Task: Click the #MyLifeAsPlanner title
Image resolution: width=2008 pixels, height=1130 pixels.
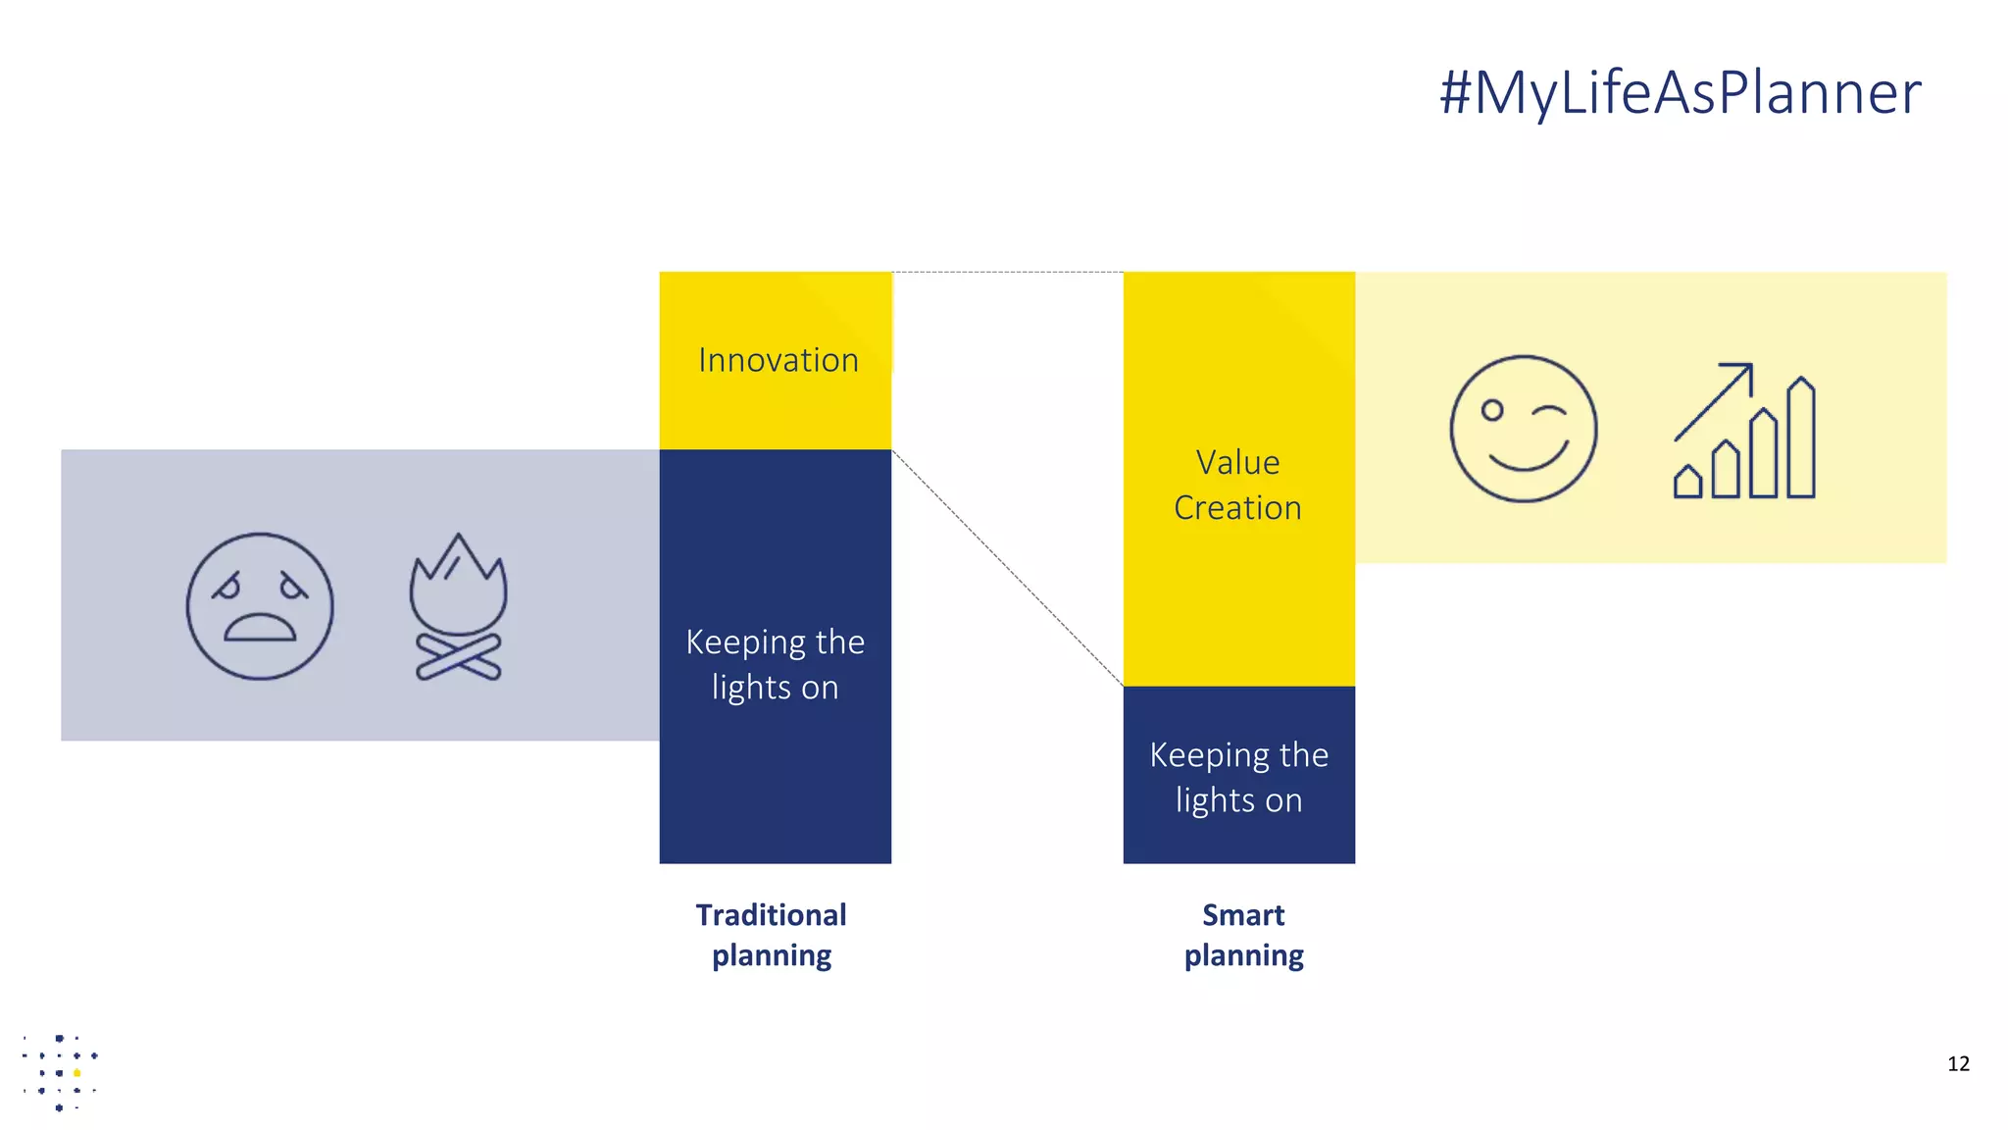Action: click(1680, 92)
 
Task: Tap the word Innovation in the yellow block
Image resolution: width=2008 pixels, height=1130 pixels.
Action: click(778, 360)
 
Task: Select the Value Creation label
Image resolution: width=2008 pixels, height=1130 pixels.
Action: click(1237, 485)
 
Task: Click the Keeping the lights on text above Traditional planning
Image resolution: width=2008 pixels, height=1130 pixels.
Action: click(775, 664)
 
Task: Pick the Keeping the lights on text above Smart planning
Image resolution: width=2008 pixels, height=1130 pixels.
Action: click(1238, 777)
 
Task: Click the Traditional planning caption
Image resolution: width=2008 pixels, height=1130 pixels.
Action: click(772, 935)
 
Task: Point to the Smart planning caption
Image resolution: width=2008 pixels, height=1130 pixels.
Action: click(1243, 935)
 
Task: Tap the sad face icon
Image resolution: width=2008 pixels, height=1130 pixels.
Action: click(260, 606)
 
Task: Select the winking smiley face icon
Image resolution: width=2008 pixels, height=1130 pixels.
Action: click(1523, 429)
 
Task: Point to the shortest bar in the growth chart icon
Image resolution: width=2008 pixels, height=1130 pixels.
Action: click(1687, 483)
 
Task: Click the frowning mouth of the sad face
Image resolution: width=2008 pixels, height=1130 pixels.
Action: click(260, 628)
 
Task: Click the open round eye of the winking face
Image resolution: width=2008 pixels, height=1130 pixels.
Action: click(1492, 410)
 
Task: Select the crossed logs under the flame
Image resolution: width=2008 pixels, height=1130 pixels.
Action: click(459, 657)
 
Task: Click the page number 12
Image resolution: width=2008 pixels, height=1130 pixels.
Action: click(1958, 1064)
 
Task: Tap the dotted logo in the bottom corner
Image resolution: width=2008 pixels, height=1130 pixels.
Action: click(60, 1072)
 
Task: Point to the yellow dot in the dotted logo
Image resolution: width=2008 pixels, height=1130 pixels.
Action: click(77, 1073)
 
